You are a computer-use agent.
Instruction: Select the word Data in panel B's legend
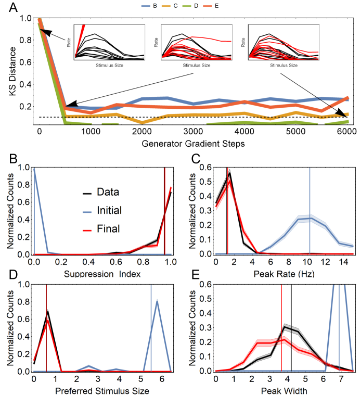[x=108, y=192]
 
